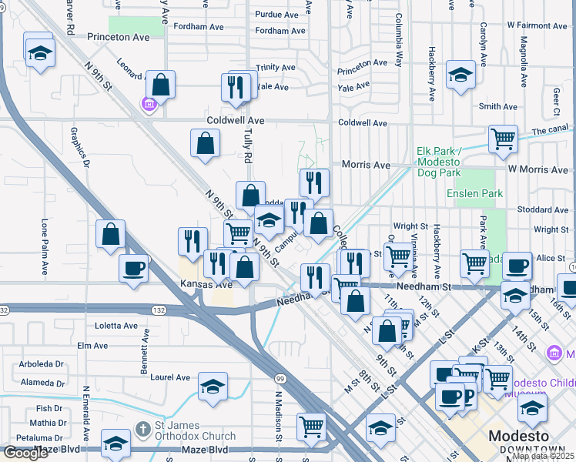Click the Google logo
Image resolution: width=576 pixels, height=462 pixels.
coord(25,453)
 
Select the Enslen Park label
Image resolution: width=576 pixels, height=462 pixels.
coord(475,193)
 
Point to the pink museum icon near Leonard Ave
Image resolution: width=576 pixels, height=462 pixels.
coord(149,104)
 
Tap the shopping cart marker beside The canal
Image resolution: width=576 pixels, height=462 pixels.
coord(503,139)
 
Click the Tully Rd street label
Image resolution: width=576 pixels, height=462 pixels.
coord(248,146)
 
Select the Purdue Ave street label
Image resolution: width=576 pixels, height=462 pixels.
coord(276,15)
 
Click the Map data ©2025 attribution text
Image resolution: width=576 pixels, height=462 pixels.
coord(543,456)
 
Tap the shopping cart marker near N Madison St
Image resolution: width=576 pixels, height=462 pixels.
coord(311,425)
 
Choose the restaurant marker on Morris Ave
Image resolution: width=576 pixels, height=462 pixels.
coord(314,182)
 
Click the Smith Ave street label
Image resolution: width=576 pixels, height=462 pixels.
coord(497,107)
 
